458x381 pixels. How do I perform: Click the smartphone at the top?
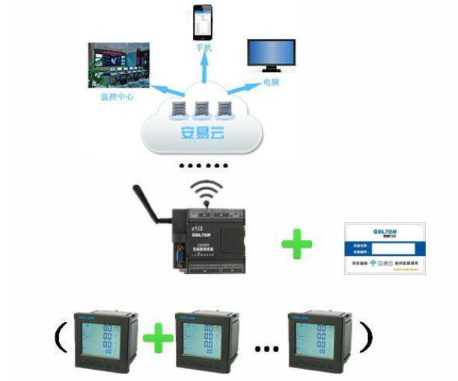[x=202, y=23]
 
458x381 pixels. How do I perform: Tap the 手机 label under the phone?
[x=203, y=48]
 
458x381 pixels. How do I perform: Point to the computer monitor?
[x=272, y=55]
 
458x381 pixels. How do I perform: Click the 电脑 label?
[x=271, y=81]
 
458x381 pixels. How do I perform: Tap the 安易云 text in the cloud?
[x=202, y=135]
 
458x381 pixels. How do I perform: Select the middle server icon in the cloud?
[x=202, y=109]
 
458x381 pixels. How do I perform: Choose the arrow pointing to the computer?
[x=240, y=89]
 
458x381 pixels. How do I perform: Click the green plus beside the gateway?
[x=297, y=244]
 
